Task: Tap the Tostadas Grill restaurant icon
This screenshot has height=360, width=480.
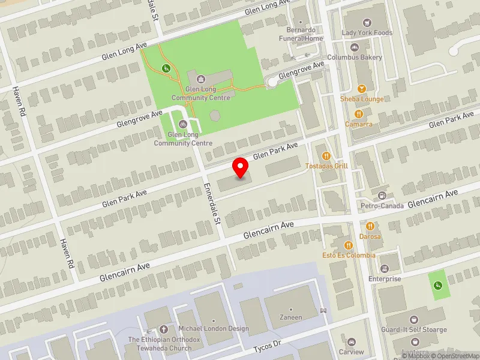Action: click(x=327, y=156)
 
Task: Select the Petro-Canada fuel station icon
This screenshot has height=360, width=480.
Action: click(x=382, y=196)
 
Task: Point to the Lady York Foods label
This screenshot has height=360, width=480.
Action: click(x=367, y=32)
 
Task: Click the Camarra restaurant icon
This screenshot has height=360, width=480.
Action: click(x=359, y=113)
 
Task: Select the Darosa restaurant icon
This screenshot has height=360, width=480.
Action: click(x=370, y=226)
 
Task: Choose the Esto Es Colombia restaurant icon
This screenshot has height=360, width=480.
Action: click(x=349, y=245)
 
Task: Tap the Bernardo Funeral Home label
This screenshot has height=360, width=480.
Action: click(x=305, y=34)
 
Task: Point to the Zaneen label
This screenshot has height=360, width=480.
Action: click(x=291, y=317)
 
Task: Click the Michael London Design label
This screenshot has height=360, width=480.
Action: click(x=214, y=328)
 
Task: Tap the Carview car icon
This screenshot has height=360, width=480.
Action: click(x=352, y=341)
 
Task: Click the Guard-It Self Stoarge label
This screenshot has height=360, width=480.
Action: click(x=414, y=329)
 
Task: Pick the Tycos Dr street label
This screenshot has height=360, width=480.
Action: click(x=267, y=347)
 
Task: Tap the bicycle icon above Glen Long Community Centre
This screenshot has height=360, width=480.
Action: click(x=184, y=124)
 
